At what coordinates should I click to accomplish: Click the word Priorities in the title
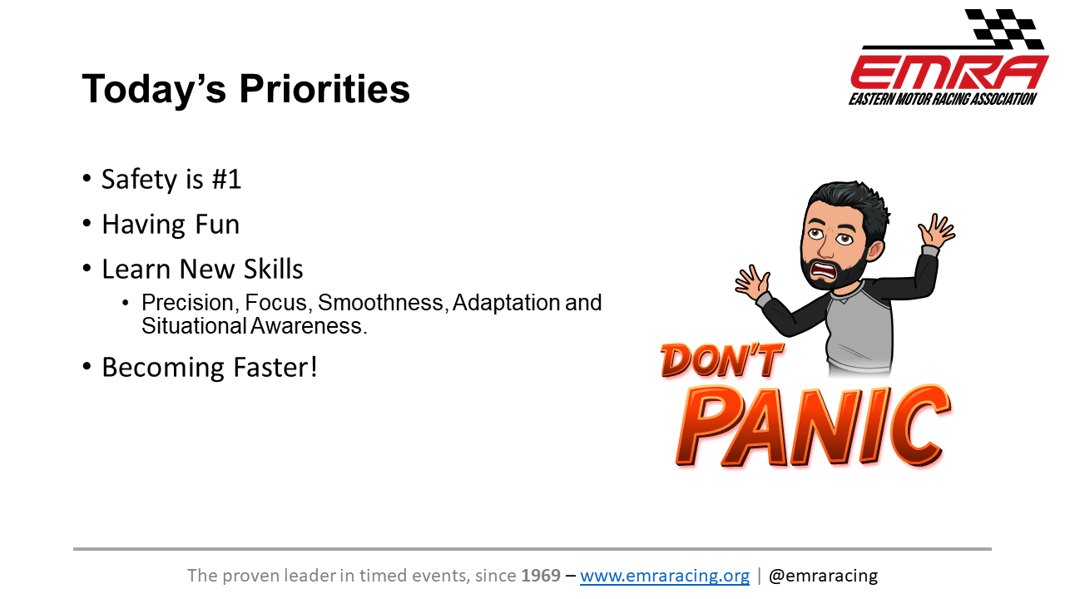[324, 90]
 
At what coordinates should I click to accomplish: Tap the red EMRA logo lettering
[949, 72]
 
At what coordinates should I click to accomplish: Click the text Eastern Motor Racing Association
[943, 99]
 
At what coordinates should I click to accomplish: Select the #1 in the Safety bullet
[226, 179]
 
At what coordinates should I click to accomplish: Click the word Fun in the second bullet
[217, 225]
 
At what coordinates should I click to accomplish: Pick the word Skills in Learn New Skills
[274, 269]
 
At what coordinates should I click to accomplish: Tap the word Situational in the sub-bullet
[194, 326]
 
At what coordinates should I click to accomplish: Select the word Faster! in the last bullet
[275, 367]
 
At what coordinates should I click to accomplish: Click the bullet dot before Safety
[87, 179]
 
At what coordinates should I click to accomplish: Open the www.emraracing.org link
[665, 576]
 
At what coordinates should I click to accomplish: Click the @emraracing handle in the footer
[823, 576]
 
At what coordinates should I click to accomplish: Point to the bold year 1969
[541, 576]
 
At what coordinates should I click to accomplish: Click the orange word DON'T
[721, 360]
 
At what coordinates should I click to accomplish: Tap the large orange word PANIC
[813, 426]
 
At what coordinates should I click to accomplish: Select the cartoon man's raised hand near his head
[936, 230]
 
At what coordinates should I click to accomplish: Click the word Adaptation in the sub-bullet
[507, 302]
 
